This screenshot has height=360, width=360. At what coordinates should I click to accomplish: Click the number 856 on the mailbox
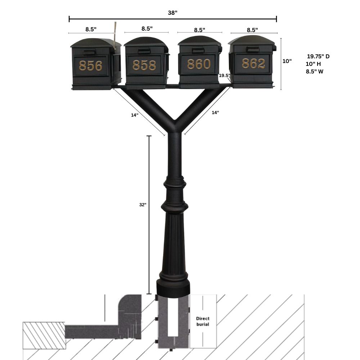coord(91,66)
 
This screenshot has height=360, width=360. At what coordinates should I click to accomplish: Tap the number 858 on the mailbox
coord(144,65)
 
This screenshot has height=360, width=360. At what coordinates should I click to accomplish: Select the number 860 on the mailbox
coord(198,64)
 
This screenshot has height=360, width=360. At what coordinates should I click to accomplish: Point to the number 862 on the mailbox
coord(253,64)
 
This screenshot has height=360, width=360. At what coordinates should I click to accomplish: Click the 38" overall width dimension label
coord(173,13)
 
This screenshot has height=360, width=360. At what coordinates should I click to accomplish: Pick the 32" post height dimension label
coord(143,204)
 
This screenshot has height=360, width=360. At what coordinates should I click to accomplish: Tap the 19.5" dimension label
coord(224,76)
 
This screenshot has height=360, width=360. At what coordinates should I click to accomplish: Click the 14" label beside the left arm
coord(135,115)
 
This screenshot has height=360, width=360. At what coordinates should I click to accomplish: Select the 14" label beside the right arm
coord(215,113)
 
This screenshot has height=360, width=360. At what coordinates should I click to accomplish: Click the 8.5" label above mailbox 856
coord(91,29)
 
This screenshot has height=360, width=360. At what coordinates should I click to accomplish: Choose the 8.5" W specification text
coord(314,72)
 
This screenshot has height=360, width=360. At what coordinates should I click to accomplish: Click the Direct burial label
coord(202,321)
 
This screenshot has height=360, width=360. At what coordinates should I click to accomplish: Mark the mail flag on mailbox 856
coord(115,34)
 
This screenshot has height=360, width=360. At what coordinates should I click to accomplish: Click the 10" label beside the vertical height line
coord(287,61)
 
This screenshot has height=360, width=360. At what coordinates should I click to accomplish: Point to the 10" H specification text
coord(313,64)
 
